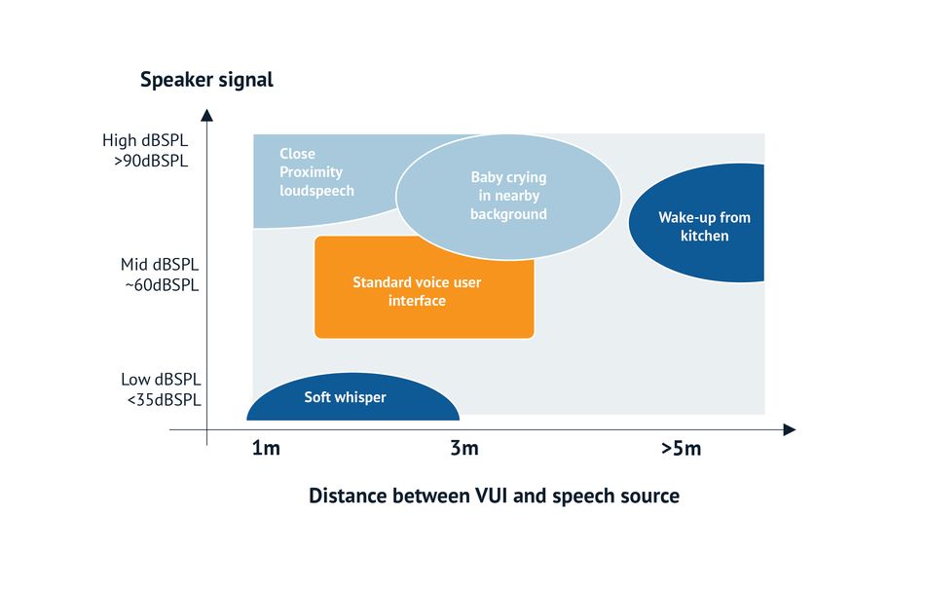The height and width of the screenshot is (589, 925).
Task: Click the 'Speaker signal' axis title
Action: (x=206, y=80)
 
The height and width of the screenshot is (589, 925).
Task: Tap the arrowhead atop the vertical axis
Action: (x=206, y=115)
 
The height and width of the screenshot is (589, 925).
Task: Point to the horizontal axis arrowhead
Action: (x=790, y=429)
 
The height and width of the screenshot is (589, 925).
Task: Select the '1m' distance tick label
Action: (x=266, y=448)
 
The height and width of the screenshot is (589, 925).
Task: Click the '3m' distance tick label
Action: (x=464, y=448)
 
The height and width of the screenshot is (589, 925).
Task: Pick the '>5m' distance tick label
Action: (x=682, y=449)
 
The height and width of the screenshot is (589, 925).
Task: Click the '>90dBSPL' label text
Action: (x=151, y=161)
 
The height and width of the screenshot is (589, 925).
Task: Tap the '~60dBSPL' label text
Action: (x=162, y=285)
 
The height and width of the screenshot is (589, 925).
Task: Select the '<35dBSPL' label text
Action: (x=164, y=400)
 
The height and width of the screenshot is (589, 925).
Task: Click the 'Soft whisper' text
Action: (x=345, y=397)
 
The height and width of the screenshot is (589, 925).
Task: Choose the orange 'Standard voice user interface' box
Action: (x=425, y=287)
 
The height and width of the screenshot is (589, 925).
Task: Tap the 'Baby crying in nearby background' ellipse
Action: (x=508, y=197)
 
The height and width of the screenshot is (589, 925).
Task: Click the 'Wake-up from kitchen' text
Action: (x=704, y=227)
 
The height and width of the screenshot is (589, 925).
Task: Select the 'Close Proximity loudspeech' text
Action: (x=316, y=172)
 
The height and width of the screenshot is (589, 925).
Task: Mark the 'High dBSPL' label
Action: (x=145, y=140)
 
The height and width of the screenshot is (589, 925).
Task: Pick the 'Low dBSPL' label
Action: (x=161, y=379)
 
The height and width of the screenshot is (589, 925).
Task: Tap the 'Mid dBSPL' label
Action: (x=160, y=264)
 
